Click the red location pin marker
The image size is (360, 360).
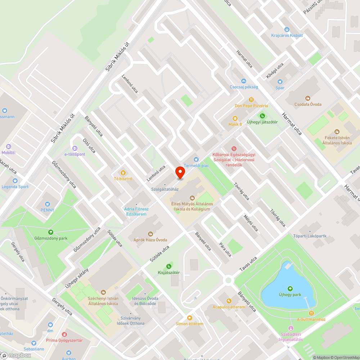click(x=180, y=172)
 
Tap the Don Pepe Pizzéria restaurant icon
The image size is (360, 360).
click(x=251, y=100)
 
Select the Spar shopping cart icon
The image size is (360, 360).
click(x=280, y=82)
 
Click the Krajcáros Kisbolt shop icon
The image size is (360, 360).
click(x=287, y=30)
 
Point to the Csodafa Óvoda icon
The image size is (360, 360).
click(x=307, y=98)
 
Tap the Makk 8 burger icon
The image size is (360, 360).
click(x=235, y=118)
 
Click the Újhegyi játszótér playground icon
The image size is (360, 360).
click(x=262, y=116)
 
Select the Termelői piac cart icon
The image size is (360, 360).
click(x=196, y=159)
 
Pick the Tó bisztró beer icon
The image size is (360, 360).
click(x=123, y=172)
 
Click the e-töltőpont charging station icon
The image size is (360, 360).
click(x=75, y=148)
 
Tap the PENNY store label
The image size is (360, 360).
click(x=48, y=210)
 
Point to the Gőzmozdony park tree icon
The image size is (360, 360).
click(x=51, y=232)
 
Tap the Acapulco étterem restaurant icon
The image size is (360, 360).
click(x=228, y=301)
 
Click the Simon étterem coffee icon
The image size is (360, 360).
click(x=189, y=318)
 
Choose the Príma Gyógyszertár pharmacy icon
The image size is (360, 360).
click(x=64, y=334)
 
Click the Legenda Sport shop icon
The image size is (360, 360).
click(x=15, y=181)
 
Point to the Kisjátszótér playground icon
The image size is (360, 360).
click(x=168, y=266)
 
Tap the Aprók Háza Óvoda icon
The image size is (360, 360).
click(x=150, y=233)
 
